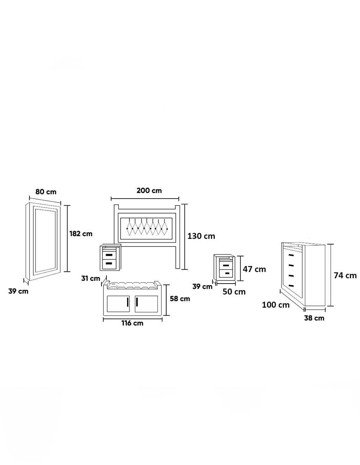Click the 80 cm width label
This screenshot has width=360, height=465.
tap(46, 192)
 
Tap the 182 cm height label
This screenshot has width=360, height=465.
tap(81, 234)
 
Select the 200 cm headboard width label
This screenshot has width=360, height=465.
tap(149, 191)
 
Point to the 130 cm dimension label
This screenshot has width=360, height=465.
tap(201, 236)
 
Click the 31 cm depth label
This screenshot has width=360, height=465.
tap(90, 278)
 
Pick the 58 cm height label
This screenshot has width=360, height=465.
tap(180, 299)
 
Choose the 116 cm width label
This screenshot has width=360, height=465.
tap(133, 323)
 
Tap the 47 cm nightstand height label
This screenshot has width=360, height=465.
tap(254, 269)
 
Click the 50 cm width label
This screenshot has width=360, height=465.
tap(234, 292)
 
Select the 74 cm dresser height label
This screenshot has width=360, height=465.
tap(345, 276)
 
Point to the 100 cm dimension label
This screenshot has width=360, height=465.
tap(276, 305)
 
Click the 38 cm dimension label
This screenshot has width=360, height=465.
tap(314, 318)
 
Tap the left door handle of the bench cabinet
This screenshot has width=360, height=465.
tap(128, 302)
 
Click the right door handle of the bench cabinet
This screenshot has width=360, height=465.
tap(137, 302)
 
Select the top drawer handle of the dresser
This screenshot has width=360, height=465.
tap(291, 255)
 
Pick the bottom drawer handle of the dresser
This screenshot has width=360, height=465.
tap(291, 286)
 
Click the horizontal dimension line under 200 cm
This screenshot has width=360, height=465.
tap(145, 199)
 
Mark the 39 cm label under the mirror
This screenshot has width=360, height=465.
tap(18, 291)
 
